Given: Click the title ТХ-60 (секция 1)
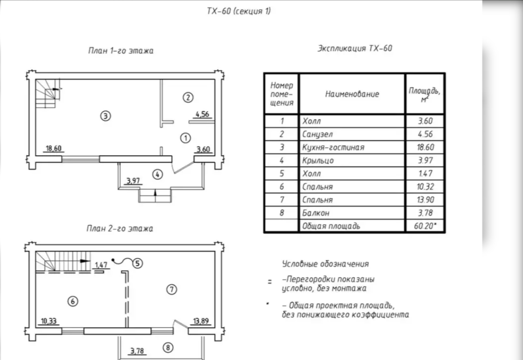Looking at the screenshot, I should pos(239,12).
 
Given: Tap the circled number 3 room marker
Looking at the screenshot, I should pos(106,115).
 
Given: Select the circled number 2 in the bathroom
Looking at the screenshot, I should pos(187,97).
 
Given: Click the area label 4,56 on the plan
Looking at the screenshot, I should pos(202,114).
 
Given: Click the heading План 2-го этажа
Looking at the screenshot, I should pos(120,229).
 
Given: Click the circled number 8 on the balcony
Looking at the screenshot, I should pos(168,347).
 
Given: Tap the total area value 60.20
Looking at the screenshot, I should pos(424,226).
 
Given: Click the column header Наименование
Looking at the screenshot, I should pos(352,94).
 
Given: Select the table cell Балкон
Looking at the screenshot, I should pos(316,213).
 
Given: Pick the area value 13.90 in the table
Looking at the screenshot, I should pos(424,200).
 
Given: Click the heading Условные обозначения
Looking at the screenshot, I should pos(325,264).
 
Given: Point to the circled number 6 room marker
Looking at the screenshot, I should pos(72,302).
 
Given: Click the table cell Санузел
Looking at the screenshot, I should pos(318,134).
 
